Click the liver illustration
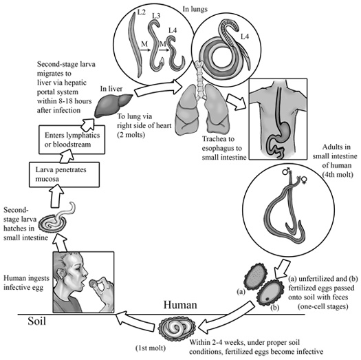(113, 105)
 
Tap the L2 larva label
(141, 12)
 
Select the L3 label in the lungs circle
(156, 16)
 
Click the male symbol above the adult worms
(286, 171)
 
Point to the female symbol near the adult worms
(304, 180)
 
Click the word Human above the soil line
(180, 305)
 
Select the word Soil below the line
(37, 321)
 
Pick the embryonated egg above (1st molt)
(177, 328)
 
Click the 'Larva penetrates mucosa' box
(64, 174)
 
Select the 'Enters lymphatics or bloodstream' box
(72, 140)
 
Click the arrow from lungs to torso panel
(237, 101)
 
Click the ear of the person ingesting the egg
(61, 273)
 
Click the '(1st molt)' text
(151, 348)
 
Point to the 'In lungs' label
(195, 9)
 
